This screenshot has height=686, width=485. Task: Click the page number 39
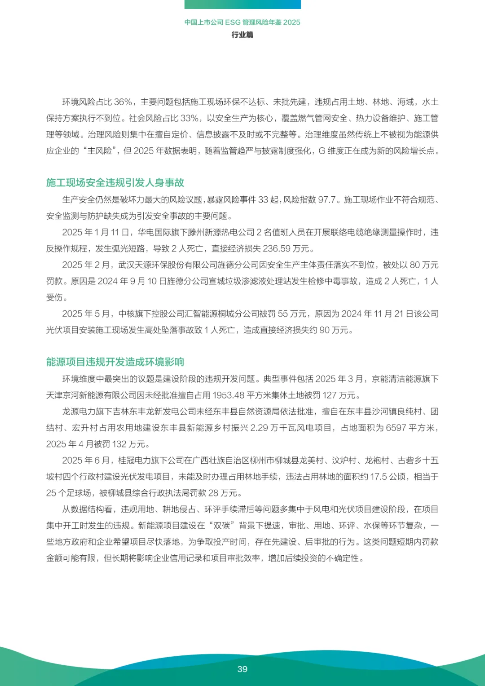tap(242, 669)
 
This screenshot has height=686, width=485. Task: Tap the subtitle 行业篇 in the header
tap(242, 35)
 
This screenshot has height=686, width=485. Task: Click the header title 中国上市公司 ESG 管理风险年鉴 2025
tap(242, 22)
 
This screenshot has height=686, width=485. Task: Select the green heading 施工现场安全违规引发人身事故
tap(115, 182)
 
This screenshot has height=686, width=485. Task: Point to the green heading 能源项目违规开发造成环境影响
tap(115, 362)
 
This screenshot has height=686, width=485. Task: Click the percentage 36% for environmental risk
tap(123, 102)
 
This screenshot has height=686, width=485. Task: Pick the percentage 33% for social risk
tap(190, 118)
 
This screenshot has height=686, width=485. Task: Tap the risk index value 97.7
tap(327, 199)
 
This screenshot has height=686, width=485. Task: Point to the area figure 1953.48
tap(228, 395)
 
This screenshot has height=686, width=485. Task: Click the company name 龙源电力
tap(79, 412)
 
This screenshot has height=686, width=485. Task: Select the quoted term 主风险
tap(99, 151)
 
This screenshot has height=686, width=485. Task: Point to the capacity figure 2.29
tap(259, 428)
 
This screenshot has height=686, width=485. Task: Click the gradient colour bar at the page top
tap(242, 4)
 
